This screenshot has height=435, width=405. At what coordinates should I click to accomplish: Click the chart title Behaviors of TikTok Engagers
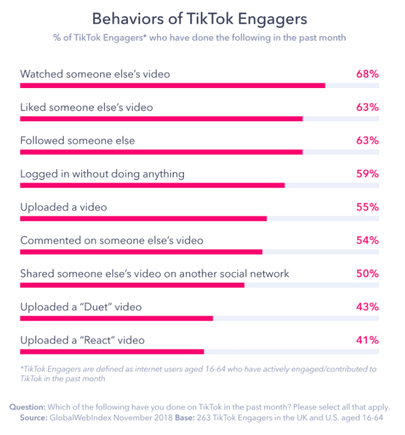[x=199, y=18]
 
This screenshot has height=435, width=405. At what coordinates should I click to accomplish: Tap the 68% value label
[x=367, y=74]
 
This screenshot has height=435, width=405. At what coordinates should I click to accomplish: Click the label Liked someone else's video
[x=86, y=107]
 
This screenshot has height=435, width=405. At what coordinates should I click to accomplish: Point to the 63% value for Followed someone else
[x=367, y=141]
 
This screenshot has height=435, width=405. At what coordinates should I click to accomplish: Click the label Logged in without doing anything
[x=102, y=174]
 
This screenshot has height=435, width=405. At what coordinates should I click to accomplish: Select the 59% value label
[x=367, y=174]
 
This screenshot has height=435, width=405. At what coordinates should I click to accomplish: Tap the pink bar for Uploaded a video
[x=143, y=218]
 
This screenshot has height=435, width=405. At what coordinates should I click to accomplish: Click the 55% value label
[x=367, y=207]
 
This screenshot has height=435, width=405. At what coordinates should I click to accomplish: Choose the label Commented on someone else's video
[x=111, y=240]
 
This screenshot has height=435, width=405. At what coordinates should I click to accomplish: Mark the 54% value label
[x=367, y=240]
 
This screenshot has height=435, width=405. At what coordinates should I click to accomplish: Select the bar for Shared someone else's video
[x=132, y=285]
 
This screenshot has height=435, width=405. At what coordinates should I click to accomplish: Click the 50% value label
[x=367, y=273]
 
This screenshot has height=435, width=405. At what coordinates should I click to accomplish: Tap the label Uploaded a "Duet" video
[x=81, y=307]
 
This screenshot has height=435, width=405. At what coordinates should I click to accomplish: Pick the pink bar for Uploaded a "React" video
[x=112, y=351]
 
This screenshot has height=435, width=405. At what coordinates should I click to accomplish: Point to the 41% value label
[x=367, y=340]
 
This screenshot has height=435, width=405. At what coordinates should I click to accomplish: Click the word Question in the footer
[x=27, y=407]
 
